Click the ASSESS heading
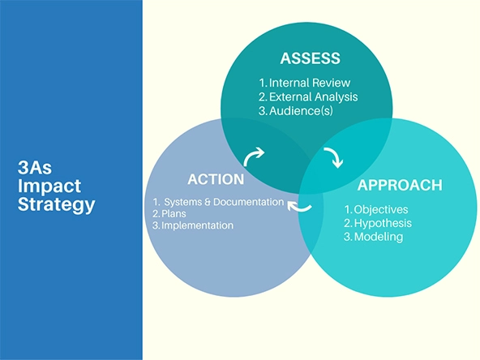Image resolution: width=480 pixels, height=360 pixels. pyautogui.click(x=310, y=58)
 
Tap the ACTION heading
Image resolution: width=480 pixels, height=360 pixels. pyautogui.click(x=216, y=179)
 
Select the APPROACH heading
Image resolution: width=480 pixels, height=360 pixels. pyautogui.click(x=400, y=185)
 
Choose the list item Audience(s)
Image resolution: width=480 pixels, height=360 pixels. pyautogui.click(x=297, y=110)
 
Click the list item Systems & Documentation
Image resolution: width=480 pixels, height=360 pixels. pyautogui.click(x=219, y=201)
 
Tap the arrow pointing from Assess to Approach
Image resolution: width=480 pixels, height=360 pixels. pyautogui.click(x=333, y=157)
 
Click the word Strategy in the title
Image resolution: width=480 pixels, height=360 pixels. pyautogui.click(x=56, y=204)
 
